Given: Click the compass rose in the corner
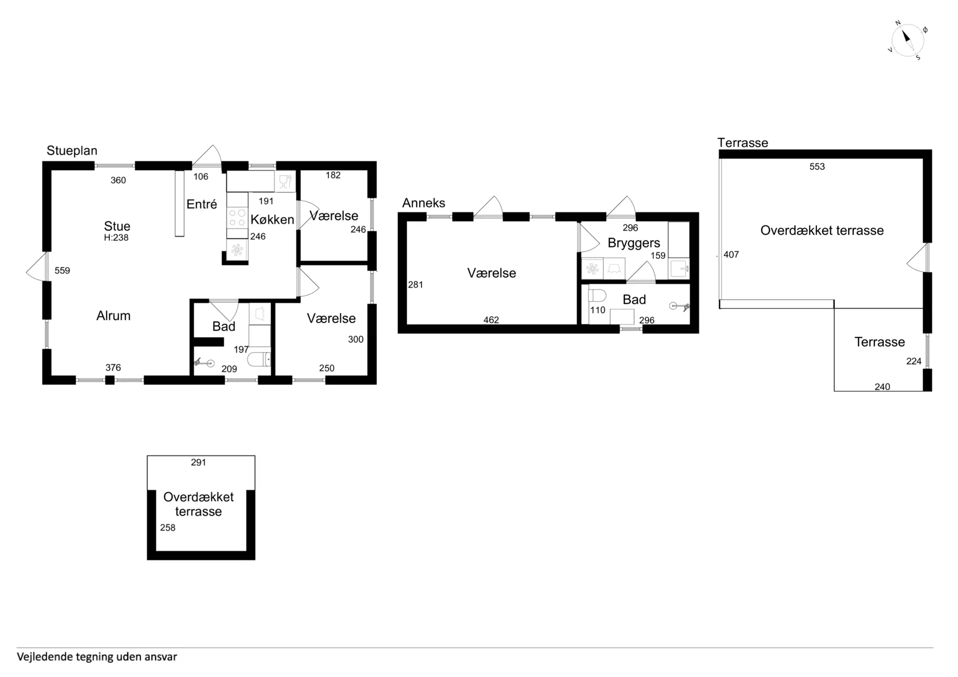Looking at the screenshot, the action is (x=908, y=40).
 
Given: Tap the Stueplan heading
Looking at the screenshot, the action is (x=72, y=151).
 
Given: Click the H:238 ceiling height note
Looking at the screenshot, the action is (x=116, y=238).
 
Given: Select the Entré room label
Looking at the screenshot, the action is (x=202, y=204).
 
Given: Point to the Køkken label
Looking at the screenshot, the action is (x=272, y=220).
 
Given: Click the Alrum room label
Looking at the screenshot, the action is (x=113, y=316).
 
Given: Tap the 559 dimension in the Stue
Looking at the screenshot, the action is (x=62, y=271).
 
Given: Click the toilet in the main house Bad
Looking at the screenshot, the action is (x=259, y=359).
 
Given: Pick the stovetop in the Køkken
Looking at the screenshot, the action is (x=237, y=218).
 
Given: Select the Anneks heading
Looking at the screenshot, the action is (x=424, y=203).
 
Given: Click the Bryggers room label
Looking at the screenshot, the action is (x=634, y=243).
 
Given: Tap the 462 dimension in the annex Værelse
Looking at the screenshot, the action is (x=491, y=320).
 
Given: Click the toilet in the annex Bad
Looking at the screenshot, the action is (x=597, y=296).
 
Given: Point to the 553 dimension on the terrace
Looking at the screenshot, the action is (x=817, y=167).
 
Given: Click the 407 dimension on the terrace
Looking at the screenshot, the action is (x=731, y=255).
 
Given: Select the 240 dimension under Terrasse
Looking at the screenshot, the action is (x=882, y=387).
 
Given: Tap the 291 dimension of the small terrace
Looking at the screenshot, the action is (x=199, y=462).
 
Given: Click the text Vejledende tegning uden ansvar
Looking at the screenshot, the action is (x=97, y=657).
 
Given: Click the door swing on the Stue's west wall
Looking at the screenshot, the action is (x=36, y=266).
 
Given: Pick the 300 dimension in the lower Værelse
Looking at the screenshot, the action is (x=356, y=340).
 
